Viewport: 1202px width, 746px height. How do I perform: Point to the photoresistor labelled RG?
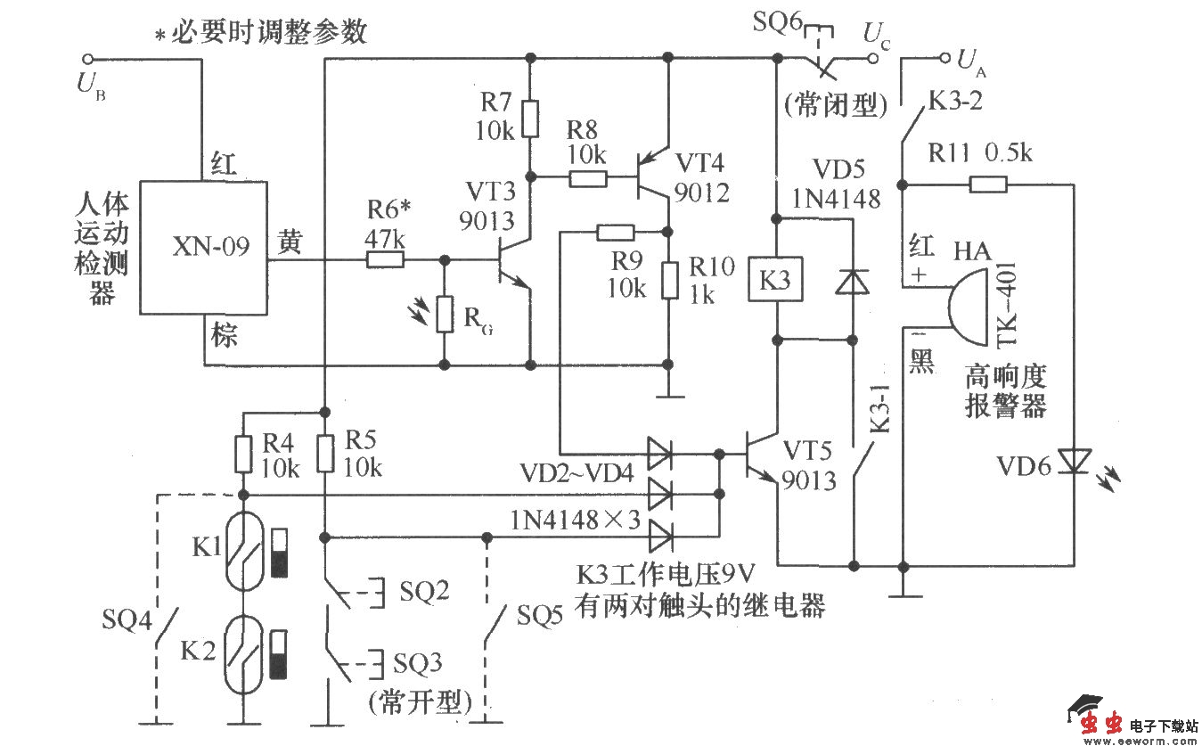pyautogui.click(x=443, y=315)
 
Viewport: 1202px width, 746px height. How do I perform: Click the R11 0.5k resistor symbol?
pyautogui.click(x=988, y=185)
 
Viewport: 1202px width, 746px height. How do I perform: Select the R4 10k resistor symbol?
pyautogui.click(x=242, y=454)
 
